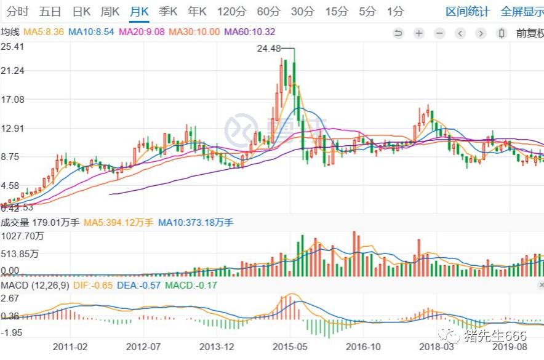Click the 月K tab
(139, 12)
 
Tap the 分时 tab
(17, 12)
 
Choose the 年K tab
(198, 12)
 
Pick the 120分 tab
(231, 12)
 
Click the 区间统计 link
(468, 12)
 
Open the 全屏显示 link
(522, 12)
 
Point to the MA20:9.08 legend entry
(141, 32)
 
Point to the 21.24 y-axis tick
(12, 71)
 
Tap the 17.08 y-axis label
(12, 100)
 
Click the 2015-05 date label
(290, 346)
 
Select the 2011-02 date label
(70, 346)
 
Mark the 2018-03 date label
(436, 346)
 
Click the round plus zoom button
(418, 33)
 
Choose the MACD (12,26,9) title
(30, 286)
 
